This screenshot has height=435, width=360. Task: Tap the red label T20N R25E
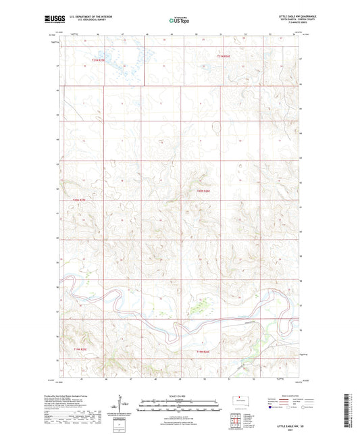coord(79,200)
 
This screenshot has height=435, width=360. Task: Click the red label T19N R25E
coord(80,349)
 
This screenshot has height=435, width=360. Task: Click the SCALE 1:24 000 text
coord(179,396)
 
